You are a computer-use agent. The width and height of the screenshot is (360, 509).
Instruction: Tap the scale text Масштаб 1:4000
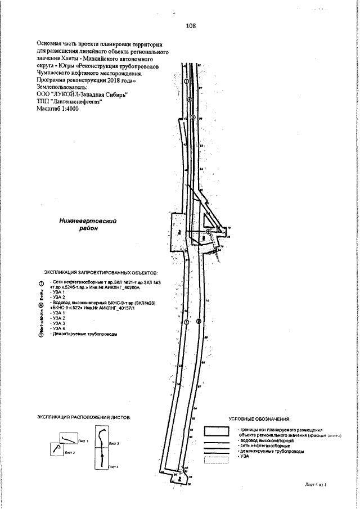[x=58, y=108]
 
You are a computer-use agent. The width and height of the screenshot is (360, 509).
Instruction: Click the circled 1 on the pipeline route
[x=187, y=80]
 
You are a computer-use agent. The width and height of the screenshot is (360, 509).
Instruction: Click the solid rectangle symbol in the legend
[x=217, y=431]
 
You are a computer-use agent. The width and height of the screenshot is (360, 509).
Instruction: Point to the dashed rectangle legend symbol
[x=217, y=460]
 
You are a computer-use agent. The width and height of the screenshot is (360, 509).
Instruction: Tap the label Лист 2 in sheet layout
[x=70, y=452]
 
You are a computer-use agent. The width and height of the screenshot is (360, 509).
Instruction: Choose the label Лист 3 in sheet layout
[x=114, y=444]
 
